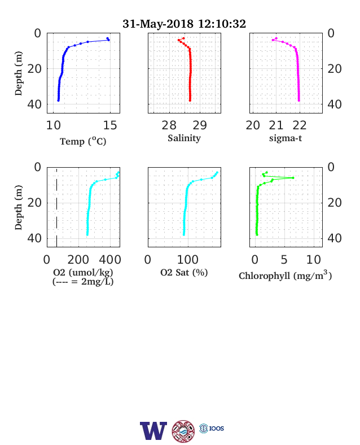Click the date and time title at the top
click(184, 24)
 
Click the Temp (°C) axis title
click(83, 141)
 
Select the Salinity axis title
click(185, 138)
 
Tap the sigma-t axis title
click(286, 138)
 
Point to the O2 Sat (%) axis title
click(184, 272)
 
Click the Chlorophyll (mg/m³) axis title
click(285, 275)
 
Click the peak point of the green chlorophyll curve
click(293, 178)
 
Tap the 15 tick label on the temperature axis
click(110, 125)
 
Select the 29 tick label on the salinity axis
click(200, 125)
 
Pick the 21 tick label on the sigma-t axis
click(276, 125)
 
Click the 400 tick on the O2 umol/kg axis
click(110, 259)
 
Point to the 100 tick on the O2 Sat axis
click(188, 259)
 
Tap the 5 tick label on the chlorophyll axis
click(284, 259)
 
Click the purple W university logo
click(153, 431)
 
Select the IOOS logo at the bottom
click(212, 428)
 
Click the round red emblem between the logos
click(183, 431)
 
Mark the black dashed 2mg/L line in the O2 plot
click(56, 207)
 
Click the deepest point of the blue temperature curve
click(58, 100)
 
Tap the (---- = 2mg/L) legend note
click(83, 282)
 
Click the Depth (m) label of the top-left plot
click(18, 73)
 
